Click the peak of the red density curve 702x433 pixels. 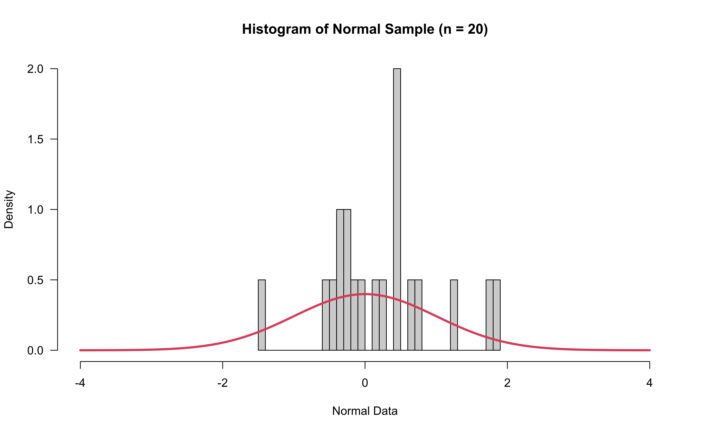[365, 294]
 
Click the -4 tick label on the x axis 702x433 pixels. [80, 383]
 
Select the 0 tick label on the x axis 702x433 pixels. [365, 383]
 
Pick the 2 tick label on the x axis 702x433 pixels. [507, 383]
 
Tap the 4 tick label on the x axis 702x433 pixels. [649, 383]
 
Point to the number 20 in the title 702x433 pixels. [475, 29]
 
